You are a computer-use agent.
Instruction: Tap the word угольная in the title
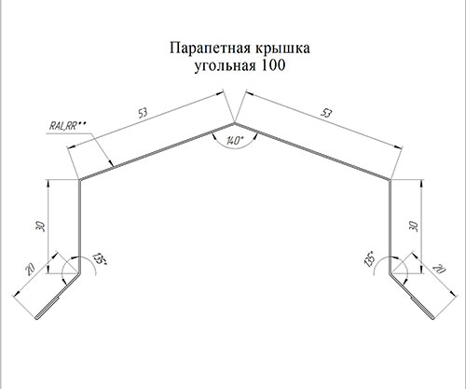coord(226,66)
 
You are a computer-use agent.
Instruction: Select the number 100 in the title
coord(273,65)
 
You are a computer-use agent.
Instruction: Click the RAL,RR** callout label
coord(67,126)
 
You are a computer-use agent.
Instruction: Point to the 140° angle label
coord(234,141)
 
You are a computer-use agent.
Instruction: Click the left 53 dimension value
coord(143,113)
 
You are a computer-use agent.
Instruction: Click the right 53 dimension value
coord(326,113)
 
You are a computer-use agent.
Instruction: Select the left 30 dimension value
coord(41,226)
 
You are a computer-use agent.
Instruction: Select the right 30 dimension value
coord(414,226)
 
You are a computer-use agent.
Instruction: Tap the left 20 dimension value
coord(31,270)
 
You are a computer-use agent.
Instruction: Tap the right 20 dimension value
coord(440,270)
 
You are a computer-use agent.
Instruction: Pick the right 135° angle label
coord(370,259)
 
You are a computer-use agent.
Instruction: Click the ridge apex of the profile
coord(234,123)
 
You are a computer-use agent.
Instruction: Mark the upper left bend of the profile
coord(79,180)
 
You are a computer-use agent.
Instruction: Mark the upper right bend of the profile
coord(389,180)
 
